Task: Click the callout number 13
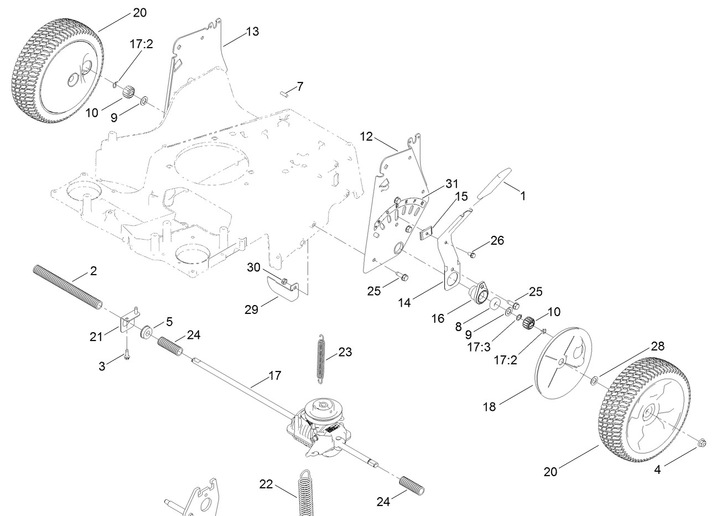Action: (252, 32)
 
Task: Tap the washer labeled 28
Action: (593, 380)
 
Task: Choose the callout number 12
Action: (366, 136)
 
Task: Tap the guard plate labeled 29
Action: (281, 288)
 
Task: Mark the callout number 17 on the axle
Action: (274, 376)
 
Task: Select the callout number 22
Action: (266, 483)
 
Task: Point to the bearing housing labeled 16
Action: (479, 292)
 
